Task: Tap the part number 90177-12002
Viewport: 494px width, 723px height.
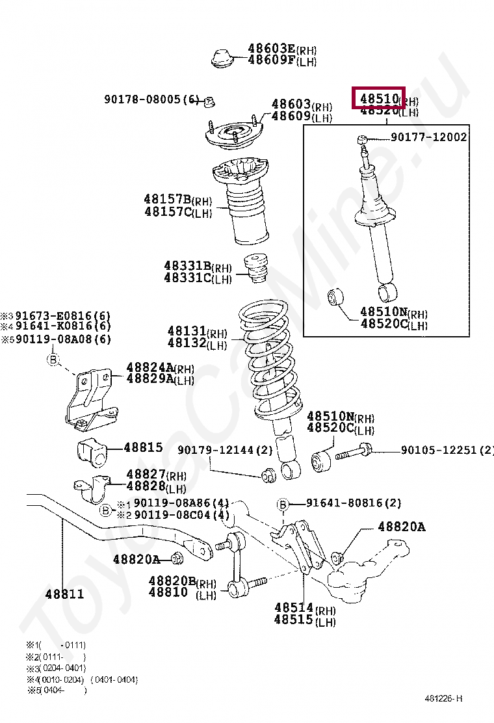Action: (428, 137)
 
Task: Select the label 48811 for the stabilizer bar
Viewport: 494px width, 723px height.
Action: (64, 594)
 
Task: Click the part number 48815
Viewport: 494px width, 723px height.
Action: (143, 447)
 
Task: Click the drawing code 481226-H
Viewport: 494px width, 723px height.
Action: (444, 698)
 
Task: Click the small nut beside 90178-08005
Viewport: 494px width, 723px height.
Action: (209, 101)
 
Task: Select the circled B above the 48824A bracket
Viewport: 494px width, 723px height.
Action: (53, 360)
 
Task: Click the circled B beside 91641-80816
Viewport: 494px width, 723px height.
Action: (283, 505)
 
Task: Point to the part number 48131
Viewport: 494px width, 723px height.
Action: (187, 332)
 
